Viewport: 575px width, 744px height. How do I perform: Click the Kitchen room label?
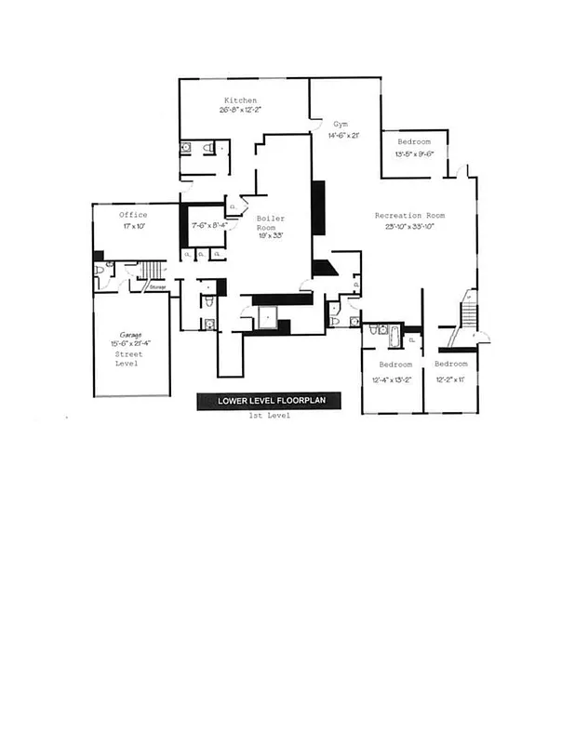[x=240, y=100]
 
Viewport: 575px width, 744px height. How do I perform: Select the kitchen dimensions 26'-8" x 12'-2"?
[x=240, y=111]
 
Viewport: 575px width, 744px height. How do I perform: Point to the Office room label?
[x=133, y=216]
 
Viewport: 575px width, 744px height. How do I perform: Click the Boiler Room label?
[x=271, y=223]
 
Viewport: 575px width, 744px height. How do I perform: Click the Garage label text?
[x=130, y=334]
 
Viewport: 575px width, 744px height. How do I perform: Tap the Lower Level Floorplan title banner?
[x=268, y=401]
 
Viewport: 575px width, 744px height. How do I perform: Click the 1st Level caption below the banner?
[x=268, y=416]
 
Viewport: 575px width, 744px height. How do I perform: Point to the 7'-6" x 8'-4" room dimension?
[x=209, y=225]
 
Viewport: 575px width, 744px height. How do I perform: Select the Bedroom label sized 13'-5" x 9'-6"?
[x=414, y=142]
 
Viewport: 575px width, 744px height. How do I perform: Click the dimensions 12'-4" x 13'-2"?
[x=392, y=379]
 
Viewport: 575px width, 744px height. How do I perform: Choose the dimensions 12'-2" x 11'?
[x=450, y=379]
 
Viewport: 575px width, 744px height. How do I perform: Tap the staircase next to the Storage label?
[x=152, y=271]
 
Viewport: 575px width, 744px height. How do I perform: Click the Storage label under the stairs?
[x=157, y=287]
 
